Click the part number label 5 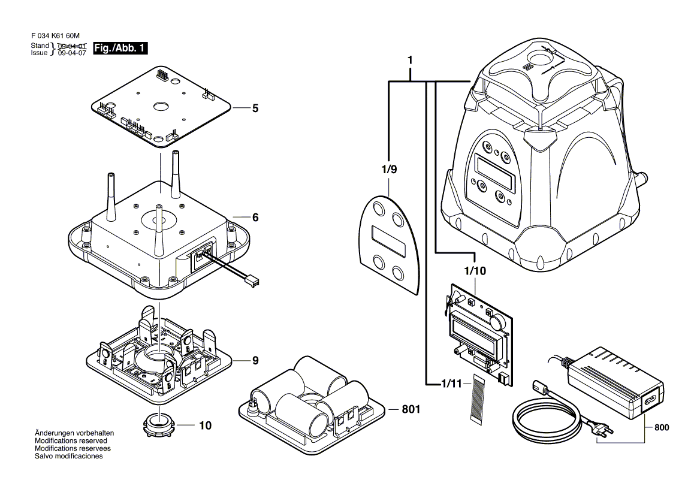pos(255,108)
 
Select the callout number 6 pos(255,218)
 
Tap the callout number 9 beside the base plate pos(255,361)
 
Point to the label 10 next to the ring pos(205,426)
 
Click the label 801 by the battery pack pos(411,410)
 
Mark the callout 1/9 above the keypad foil pos(389,170)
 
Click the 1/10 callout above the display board pos(475,271)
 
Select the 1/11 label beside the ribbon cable pos(452,383)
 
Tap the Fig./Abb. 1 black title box pos(120,49)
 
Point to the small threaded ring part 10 pos(159,425)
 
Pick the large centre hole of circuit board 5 pos(161,106)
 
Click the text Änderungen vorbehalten pos(74,433)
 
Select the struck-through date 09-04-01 pos(73,46)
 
